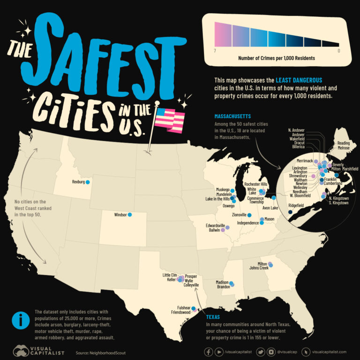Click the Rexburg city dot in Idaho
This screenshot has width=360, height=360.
point(88,181)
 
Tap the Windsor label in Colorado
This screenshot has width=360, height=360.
point(121,215)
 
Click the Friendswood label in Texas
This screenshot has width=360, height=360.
point(180,312)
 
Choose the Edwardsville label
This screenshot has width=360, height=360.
point(216,225)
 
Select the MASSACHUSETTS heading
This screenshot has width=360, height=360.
point(232,116)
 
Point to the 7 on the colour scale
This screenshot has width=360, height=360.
point(214,50)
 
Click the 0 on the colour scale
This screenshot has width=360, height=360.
point(338,50)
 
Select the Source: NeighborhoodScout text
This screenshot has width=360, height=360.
point(102,352)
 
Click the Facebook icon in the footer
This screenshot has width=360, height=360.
point(208,352)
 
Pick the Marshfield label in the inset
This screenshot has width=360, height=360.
point(348,168)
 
